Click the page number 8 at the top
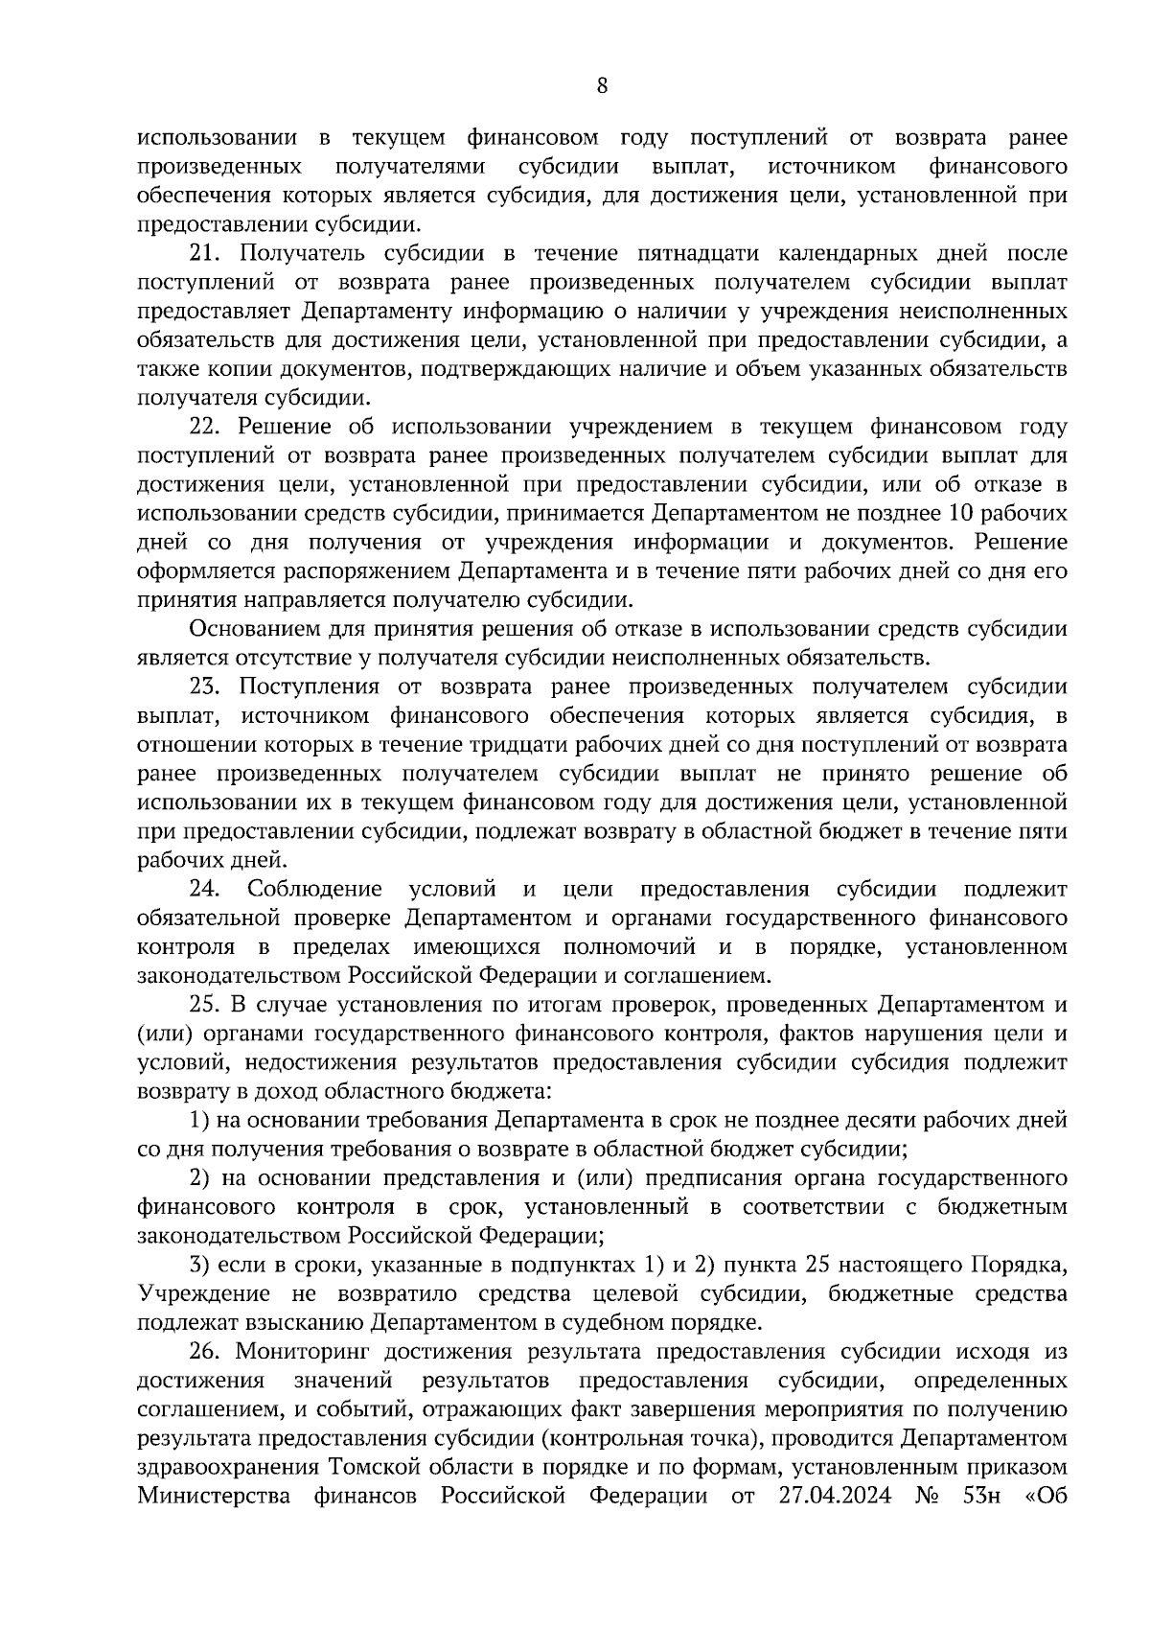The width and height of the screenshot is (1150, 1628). tap(602, 85)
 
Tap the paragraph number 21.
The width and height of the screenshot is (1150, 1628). tap(206, 254)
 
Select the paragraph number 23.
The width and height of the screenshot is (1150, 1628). tap(206, 686)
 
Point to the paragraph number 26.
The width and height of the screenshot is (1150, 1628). tap(206, 1352)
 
